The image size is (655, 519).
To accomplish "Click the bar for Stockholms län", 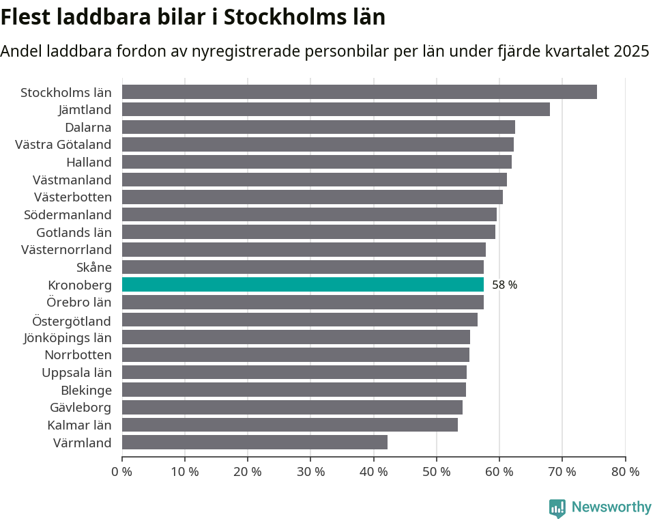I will pyautogui.click(x=360, y=92).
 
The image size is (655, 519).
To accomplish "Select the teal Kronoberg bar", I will pyautogui.click(x=303, y=285).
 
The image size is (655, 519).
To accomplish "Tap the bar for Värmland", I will pyautogui.click(x=254, y=443).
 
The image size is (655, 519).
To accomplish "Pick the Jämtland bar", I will pyautogui.click(x=336, y=109).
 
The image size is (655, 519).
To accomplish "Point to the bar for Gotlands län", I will pyautogui.click(x=308, y=232).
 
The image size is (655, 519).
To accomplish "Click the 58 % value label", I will pyautogui.click(x=504, y=285).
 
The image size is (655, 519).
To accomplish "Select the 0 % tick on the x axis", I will pyautogui.click(x=121, y=471).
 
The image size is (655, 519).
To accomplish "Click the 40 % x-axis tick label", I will pyautogui.click(x=373, y=471).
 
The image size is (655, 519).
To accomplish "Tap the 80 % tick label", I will pyautogui.click(x=625, y=471).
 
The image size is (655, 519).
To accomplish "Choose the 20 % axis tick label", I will pyautogui.click(x=248, y=471).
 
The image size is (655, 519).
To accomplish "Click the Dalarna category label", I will pyautogui.click(x=88, y=127).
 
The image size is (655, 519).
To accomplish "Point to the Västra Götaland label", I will pyautogui.click(x=63, y=145).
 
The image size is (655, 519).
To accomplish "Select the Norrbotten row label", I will pyautogui.click(x=78, y=355).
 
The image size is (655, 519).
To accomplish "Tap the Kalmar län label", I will pyautogui.click(x=79, y=425).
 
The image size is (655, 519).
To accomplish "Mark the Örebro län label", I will pyautogui.click(x=78, y=303).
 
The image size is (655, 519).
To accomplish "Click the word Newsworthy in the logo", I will pyautogui.click(x=611, y=507).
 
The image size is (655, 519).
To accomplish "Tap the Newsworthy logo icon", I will pyautogui.click(x=557, y=508).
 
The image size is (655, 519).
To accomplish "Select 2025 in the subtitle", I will pyautogui.click(x=631, y=51).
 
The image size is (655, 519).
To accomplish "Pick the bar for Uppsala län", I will pyautogui.click(x=294, y=372).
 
